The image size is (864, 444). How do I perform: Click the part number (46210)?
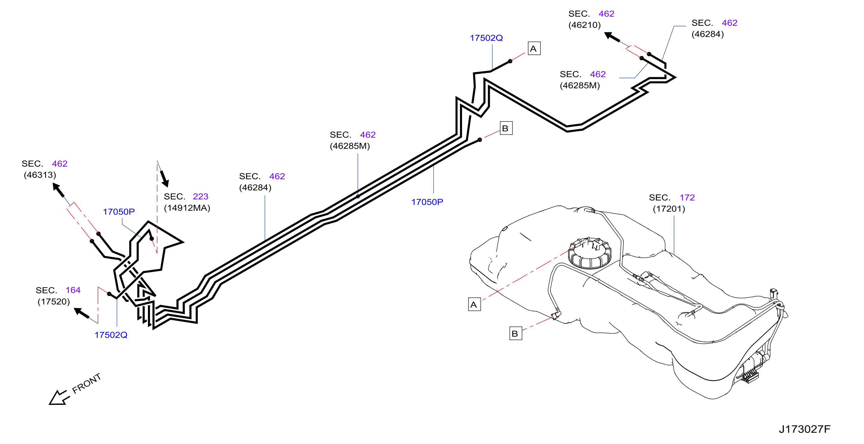point(584,25)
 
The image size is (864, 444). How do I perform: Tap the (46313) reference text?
point(40,175)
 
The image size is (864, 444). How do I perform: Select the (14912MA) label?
point(187,208)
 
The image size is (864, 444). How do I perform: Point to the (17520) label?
point(54,301)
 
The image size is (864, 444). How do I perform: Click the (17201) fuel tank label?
point(669,209)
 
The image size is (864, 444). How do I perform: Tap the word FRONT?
point(87,383)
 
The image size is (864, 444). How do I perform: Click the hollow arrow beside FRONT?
point(59,398)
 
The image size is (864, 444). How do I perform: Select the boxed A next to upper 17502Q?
point(534,48)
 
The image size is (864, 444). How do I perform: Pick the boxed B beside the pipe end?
point(506,128)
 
